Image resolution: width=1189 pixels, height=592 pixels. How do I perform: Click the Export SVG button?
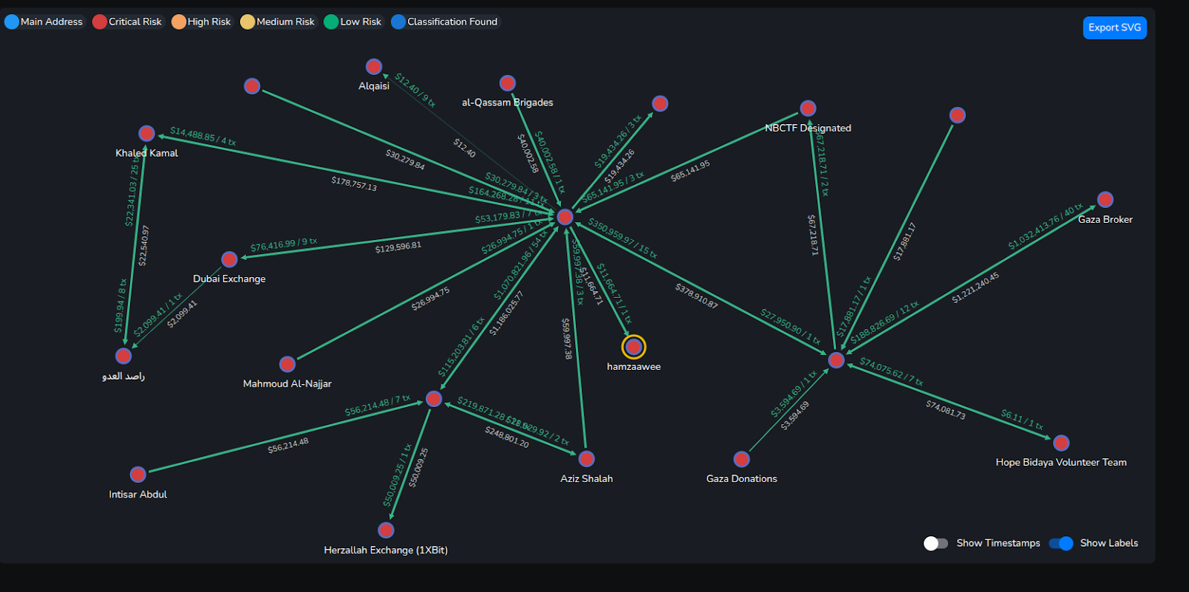(x=1114, y=27)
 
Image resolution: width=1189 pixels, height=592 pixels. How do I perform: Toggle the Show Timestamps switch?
(x=936, y=543)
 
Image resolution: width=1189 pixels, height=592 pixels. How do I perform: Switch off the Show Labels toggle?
(x=1060, y=543)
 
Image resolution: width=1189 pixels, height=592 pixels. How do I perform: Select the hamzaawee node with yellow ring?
(x=634, y=347)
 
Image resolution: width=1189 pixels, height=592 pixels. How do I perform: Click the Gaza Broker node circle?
(x=1105, y=200)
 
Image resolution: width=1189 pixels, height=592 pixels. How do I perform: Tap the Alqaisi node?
(x=374, y=67)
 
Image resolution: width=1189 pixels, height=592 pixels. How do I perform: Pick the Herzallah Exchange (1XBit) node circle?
(x=386, y=530)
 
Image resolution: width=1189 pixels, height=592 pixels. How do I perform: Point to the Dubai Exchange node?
(x=230, y=259)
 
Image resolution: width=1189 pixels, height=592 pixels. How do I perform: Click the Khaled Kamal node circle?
(x=146, y=134)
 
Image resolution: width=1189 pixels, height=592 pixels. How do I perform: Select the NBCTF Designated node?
(x=808, y=108)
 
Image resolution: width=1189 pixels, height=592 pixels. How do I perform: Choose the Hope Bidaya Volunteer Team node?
(x=1061, y=443)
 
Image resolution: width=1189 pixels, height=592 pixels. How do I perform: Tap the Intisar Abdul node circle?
(x=138, y=475)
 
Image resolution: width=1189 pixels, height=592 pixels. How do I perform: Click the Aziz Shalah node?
(x=586, y=459)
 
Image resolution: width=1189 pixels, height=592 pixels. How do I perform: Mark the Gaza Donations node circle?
(x=742, y=459)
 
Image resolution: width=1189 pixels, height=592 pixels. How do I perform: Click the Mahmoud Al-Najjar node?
(x=288, y=364)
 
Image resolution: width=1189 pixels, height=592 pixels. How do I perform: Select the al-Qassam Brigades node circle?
(x=508, y=83)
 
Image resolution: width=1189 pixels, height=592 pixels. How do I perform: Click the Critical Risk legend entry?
(x=127, y=22)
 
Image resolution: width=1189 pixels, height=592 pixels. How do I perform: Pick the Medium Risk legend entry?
(x=278, y=22)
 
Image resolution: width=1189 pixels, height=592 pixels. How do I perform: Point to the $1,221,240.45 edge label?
(x=975, y=288)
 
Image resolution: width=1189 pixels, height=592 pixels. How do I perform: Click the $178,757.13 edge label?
(x=354, y=183)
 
